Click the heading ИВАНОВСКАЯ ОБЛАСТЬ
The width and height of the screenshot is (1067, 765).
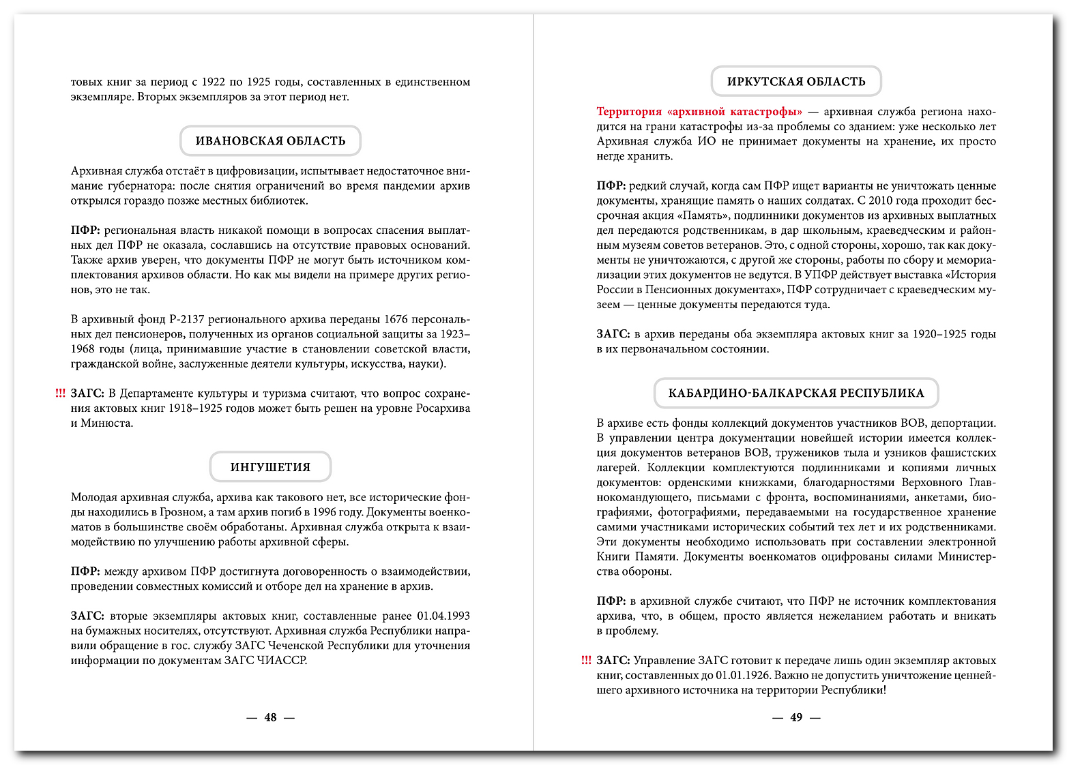click(270, 141)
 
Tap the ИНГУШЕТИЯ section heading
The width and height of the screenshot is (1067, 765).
click(270, 467)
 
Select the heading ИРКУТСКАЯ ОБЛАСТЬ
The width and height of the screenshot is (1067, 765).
click(796, 82)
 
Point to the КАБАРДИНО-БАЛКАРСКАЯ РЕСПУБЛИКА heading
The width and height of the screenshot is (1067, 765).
click(796, 393)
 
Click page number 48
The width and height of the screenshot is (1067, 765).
click(270, 717)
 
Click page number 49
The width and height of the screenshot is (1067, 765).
click(796, 717)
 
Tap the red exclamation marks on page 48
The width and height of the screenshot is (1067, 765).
click(60, 393)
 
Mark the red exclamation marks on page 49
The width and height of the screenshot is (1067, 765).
click(586, 660)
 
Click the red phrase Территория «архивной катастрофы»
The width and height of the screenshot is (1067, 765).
click(699, 112)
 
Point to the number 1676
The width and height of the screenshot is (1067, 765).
click(396, 319)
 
